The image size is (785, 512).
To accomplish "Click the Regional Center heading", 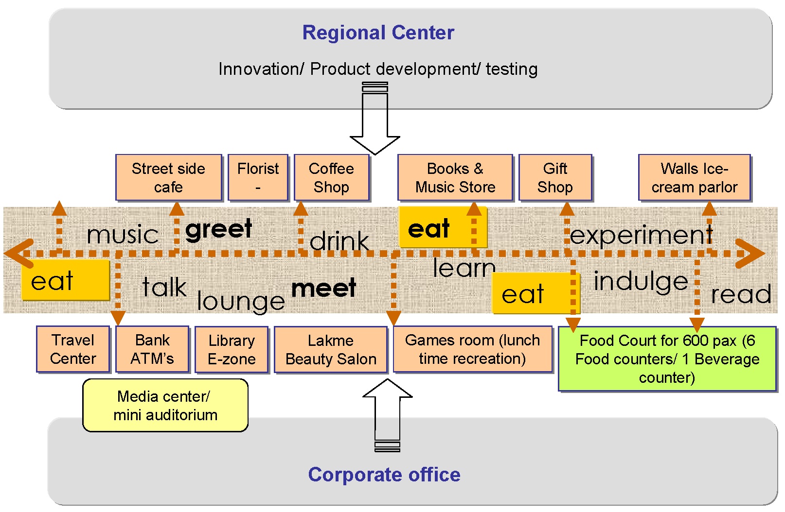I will click(378, 33).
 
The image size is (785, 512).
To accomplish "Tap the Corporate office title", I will click(384, 475).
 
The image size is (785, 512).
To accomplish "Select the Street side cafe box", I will click(168, 178).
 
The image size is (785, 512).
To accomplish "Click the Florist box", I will click(258, 178).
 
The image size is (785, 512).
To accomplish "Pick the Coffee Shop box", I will click(331, 178).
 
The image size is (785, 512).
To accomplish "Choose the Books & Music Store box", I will click(455, 178).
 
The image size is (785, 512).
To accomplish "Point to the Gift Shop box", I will click(555, 178).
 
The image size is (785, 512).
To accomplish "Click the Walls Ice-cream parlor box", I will click(694, 178).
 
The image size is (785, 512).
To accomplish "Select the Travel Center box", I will click(73, 349).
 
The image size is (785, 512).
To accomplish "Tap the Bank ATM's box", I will click(152, 349).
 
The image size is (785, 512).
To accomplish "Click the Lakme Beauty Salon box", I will click(331, 350).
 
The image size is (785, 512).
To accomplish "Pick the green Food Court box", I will click(667, 359).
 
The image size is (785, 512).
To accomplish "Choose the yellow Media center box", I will click(165, 406).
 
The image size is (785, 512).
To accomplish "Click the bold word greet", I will click(219, 229).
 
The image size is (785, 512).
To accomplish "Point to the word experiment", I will click(641, 235).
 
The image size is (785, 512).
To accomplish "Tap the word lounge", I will click(241, 301).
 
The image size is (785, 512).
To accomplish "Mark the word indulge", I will click(641, 281).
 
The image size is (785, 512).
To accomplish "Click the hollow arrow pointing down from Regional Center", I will click(375, 121).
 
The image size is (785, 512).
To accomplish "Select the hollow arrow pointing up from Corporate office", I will click(387, 413).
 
